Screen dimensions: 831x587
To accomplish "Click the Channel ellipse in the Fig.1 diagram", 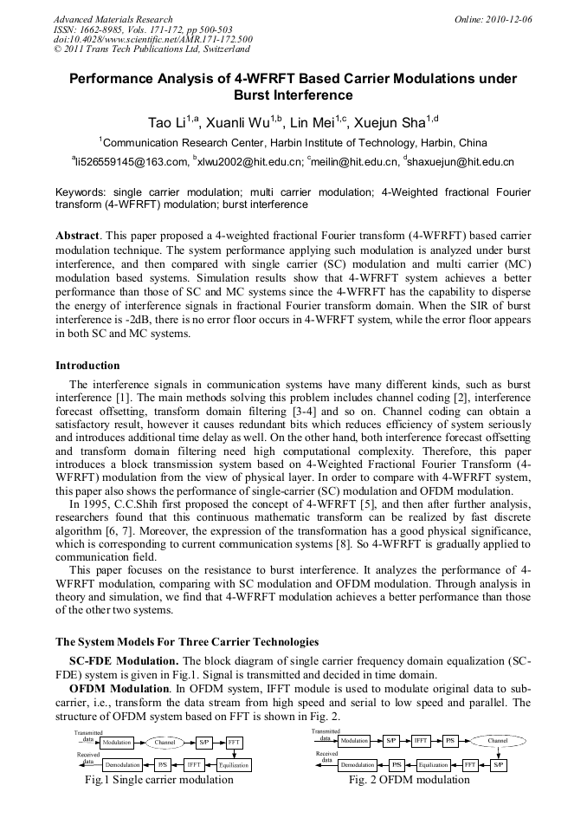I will click(x=164, y=743).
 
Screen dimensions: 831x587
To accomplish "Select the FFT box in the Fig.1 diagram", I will click(x=235, y=743).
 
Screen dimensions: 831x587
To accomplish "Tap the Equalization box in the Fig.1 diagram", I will click(x=234, y=765).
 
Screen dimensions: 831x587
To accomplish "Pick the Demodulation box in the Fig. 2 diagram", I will click(x=358, y=765).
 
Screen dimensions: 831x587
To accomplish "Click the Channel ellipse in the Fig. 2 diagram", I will click(x=498, y=742).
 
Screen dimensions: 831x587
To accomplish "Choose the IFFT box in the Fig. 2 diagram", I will click(x=421, y=742).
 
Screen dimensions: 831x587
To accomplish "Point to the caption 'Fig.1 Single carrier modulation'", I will click(x=158, y=780).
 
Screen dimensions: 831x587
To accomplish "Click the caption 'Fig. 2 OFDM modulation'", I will click(x=410, y=780).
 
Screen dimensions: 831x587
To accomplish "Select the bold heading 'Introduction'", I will click(x=87, y=366).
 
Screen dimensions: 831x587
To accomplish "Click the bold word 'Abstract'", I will click(x=78, y=236).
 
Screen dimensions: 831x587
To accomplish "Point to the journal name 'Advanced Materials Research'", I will click(x=113, y=19).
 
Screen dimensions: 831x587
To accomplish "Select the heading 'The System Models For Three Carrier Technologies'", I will click(x=187, y=642).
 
